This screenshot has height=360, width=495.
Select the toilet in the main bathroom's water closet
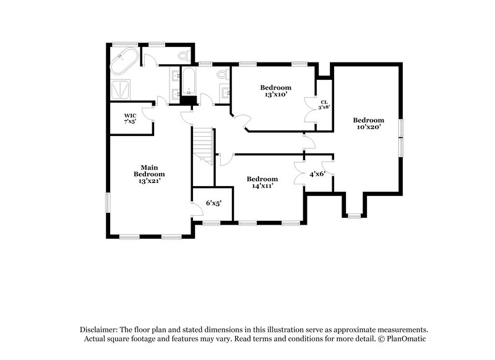pos(183,56)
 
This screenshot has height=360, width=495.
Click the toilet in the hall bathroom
pos(222,75)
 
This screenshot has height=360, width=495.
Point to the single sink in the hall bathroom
pos(225,93)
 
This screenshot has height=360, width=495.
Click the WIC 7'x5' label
pos(130,118)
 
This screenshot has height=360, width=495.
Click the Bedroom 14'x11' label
pos(262,182)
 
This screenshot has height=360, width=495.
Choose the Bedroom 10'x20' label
pos(368,123)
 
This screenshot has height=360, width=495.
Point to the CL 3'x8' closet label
pos(324,104)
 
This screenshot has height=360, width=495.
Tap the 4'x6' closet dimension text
pos(317,174)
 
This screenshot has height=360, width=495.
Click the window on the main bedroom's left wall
pos(108,202)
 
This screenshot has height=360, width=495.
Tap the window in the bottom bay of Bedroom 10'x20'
pos(353,216)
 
